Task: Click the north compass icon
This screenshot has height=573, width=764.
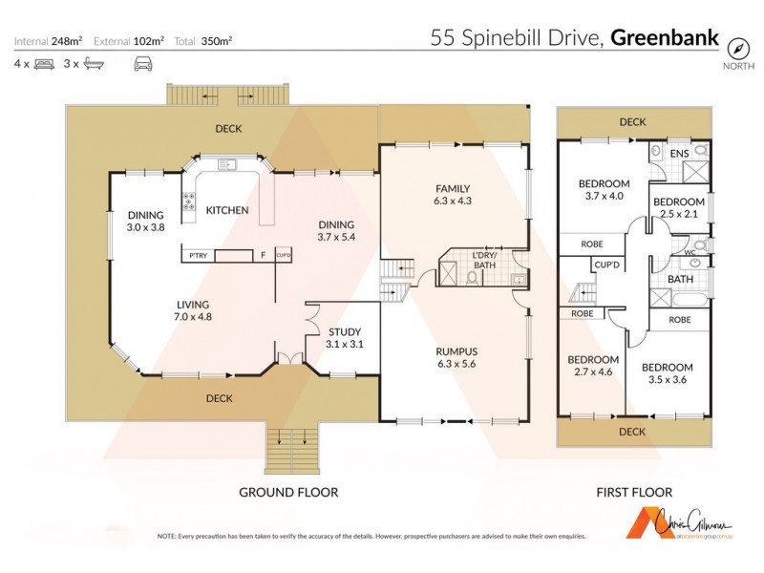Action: pos(736,48)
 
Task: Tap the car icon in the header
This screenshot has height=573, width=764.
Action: pos(142,64)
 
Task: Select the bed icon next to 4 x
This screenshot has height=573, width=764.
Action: pos(44,64)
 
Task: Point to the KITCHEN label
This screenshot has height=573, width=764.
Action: pos(227,210)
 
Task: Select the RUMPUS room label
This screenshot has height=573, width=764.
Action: pos(455,350)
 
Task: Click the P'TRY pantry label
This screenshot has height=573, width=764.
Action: pos(198,256)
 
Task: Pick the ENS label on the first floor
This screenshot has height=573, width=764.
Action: pos(679,153)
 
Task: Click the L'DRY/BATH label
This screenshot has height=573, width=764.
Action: pos(485,259)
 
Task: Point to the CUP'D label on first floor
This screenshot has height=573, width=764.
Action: pos(607,265)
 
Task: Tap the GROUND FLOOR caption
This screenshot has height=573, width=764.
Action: pos(287,493)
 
